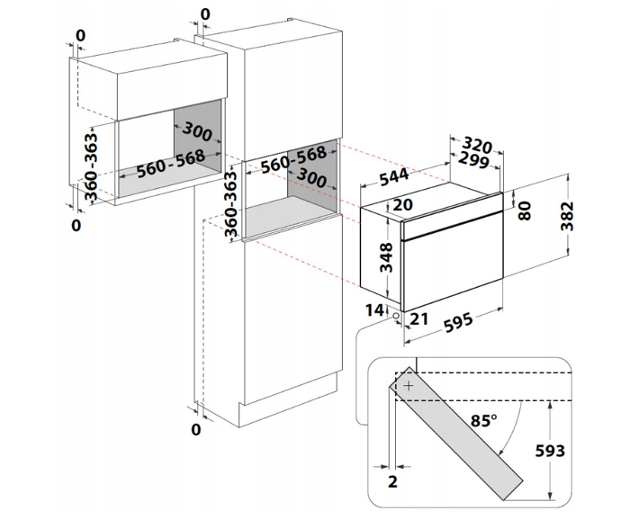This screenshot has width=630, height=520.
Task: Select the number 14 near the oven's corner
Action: click(x=374, y=310)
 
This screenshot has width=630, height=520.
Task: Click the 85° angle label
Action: click(x=483, y=420)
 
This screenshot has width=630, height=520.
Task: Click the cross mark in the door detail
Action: click(x=409, y=385)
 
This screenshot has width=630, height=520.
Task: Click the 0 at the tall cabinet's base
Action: click(x=195, y=430)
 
